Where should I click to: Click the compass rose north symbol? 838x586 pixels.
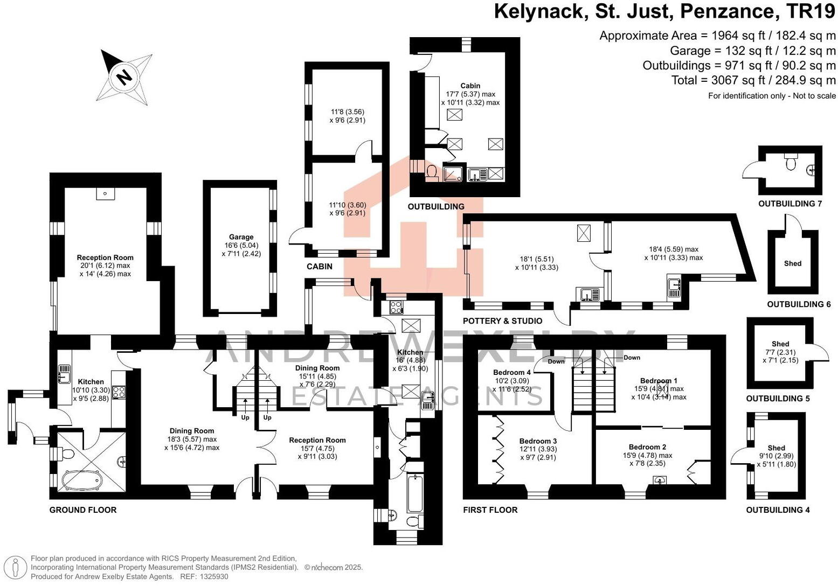pos(124,77)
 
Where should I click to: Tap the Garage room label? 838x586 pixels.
pos(241,237)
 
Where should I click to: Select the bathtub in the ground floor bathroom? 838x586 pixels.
pos(81,480)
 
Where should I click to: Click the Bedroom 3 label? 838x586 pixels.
pos(538,441)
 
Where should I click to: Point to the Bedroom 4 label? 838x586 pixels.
pos(512,373)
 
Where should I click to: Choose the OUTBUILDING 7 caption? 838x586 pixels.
pos(790,204)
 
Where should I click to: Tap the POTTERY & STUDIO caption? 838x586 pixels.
pos(502,321)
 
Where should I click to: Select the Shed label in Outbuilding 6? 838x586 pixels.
pos(793,263)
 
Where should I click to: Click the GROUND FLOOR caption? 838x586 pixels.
pos(83,510)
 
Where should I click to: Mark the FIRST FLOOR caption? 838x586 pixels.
pos(490,510)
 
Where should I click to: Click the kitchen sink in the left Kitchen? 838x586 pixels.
pos(64,371)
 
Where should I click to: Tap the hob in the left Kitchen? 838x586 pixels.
pos(119,392)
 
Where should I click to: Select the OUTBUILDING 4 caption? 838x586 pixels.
pos(778,510)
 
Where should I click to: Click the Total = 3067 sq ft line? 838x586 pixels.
pos(753,80)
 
